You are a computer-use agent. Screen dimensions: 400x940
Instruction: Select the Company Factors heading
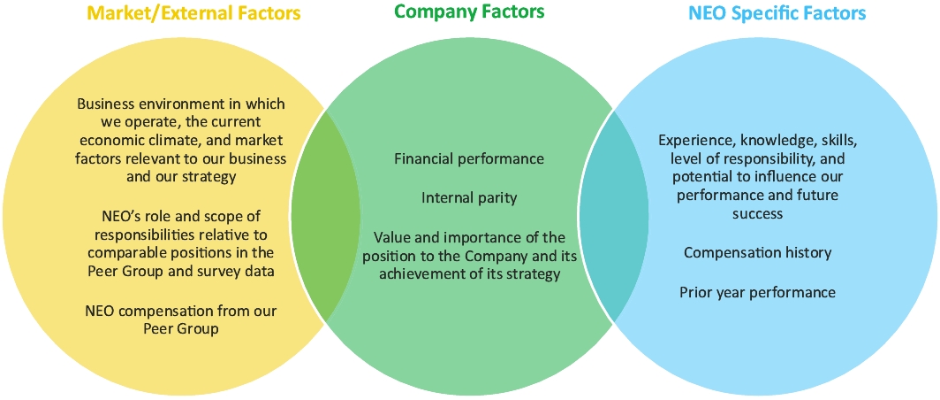469,12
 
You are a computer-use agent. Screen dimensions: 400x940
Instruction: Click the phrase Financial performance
469,159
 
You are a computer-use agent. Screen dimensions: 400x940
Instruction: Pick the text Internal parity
468,198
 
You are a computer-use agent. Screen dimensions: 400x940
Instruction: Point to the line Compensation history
757,253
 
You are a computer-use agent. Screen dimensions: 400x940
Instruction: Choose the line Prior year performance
757,292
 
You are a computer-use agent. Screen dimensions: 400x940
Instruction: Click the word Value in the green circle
392,237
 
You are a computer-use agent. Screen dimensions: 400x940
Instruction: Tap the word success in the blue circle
757,214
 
